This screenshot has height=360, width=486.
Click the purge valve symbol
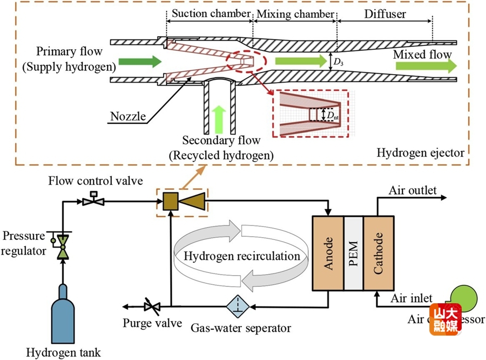[x=151, y=306]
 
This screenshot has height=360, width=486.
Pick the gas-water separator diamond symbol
[x=237, y=306]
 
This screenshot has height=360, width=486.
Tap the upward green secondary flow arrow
[x=219, y=118]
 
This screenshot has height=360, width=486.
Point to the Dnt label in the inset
[x=328, y=115]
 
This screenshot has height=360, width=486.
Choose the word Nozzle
[x=127, y=116]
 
